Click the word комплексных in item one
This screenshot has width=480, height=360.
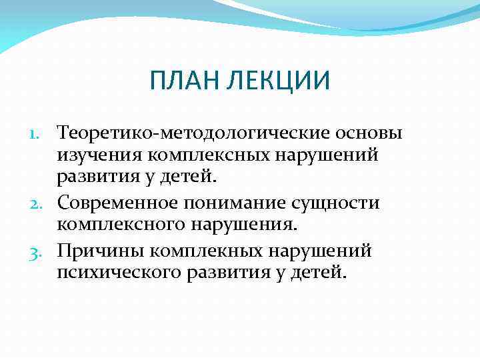click(x=208, y=155)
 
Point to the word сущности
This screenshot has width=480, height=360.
click(x=341, y=203)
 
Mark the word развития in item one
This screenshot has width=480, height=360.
click(x=96, y=177)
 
